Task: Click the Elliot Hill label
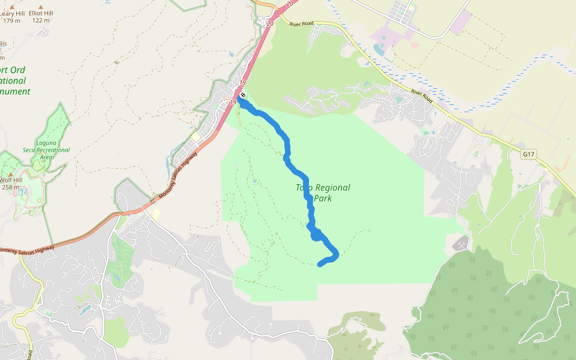(x=41, y=12)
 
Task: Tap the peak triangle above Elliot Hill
(x=41, y=5)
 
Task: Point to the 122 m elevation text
(x=41, y=20)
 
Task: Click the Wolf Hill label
(x=11, y=179)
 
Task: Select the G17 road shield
(x=528, y=154)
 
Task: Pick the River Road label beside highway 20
(x=301, y=24)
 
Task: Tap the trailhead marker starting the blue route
(x=243, y=95)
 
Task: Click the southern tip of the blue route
(x=319, y=264)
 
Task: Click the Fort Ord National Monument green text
(x=14, y=81)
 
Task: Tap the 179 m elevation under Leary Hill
(x=11, y=20)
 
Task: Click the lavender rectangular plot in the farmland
(x=461, y=22)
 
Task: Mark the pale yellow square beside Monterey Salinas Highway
(x=195, y=137)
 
